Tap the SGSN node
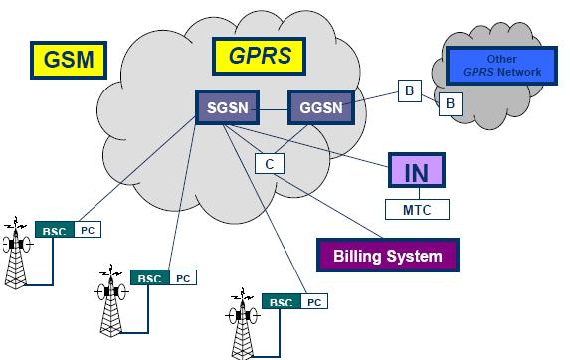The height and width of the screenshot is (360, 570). tap(229, 106)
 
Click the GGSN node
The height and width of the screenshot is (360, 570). tap(320, 106)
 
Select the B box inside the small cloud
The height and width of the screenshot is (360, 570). tap(451, 102)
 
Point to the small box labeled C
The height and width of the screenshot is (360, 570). tap(268, 163)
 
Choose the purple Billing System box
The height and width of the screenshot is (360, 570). tap(386, 256)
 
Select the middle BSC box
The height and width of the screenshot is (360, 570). tap(148, 278)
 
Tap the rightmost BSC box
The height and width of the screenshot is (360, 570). tap(282, 302)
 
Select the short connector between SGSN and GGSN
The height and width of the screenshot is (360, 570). tap(275, 106)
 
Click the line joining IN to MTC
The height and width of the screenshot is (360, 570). tap(416, 194)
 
